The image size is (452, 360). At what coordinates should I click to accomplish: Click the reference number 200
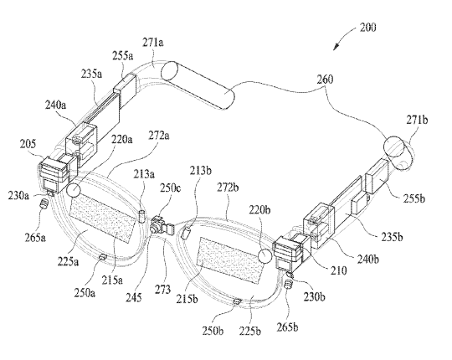367,28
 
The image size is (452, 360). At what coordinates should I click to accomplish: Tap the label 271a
153,43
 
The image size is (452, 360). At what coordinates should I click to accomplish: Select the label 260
325,80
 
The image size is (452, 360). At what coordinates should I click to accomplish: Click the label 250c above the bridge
171,188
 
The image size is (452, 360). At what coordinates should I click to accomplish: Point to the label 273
162,289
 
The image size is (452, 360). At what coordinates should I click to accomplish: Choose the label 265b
287,327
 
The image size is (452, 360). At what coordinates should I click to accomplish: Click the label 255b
414,198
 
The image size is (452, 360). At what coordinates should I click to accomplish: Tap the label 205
28,143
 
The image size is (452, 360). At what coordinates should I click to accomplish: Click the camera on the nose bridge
159,224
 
